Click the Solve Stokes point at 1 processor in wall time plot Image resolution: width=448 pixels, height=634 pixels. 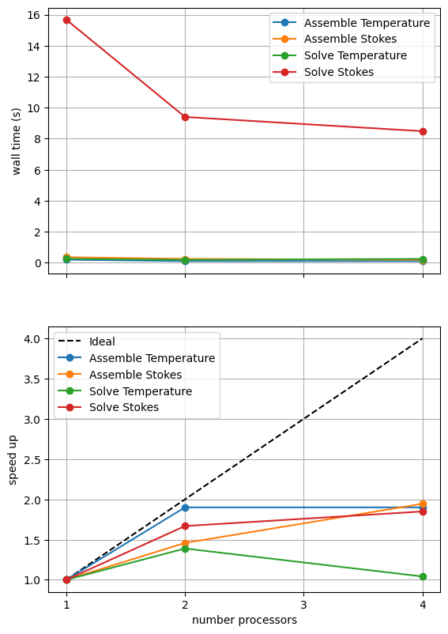click(x=66, y=21)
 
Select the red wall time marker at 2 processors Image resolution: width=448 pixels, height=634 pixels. click(x=185, y=117)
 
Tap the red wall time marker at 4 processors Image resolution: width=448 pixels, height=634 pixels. click(x=423, y=131)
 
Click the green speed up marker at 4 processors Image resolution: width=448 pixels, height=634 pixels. click(x=423, y=576)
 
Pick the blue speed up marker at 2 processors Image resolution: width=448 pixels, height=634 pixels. click(x=185, y=508)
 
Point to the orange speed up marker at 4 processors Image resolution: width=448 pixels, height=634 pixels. click(x=423, y=504)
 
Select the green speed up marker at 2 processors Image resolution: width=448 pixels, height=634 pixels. click(x=185, y=549)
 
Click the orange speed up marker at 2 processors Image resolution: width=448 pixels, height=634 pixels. click(x=185, y=543)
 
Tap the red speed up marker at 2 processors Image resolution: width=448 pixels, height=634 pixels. click(x=185, y=526)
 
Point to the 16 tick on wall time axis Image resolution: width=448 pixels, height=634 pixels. click(x=34, y=15)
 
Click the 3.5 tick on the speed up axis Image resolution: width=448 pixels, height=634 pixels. click(x=32, y=379)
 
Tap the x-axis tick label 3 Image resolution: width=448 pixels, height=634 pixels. click(x=303, y=605)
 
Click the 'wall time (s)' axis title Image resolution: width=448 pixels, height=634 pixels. click(x=16, y=142)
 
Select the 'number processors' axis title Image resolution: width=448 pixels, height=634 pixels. click(x=244, y=621)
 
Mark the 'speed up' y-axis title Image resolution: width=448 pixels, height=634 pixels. click(x=13, y=460)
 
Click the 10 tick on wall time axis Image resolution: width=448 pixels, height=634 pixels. click(x=34, y=108)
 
